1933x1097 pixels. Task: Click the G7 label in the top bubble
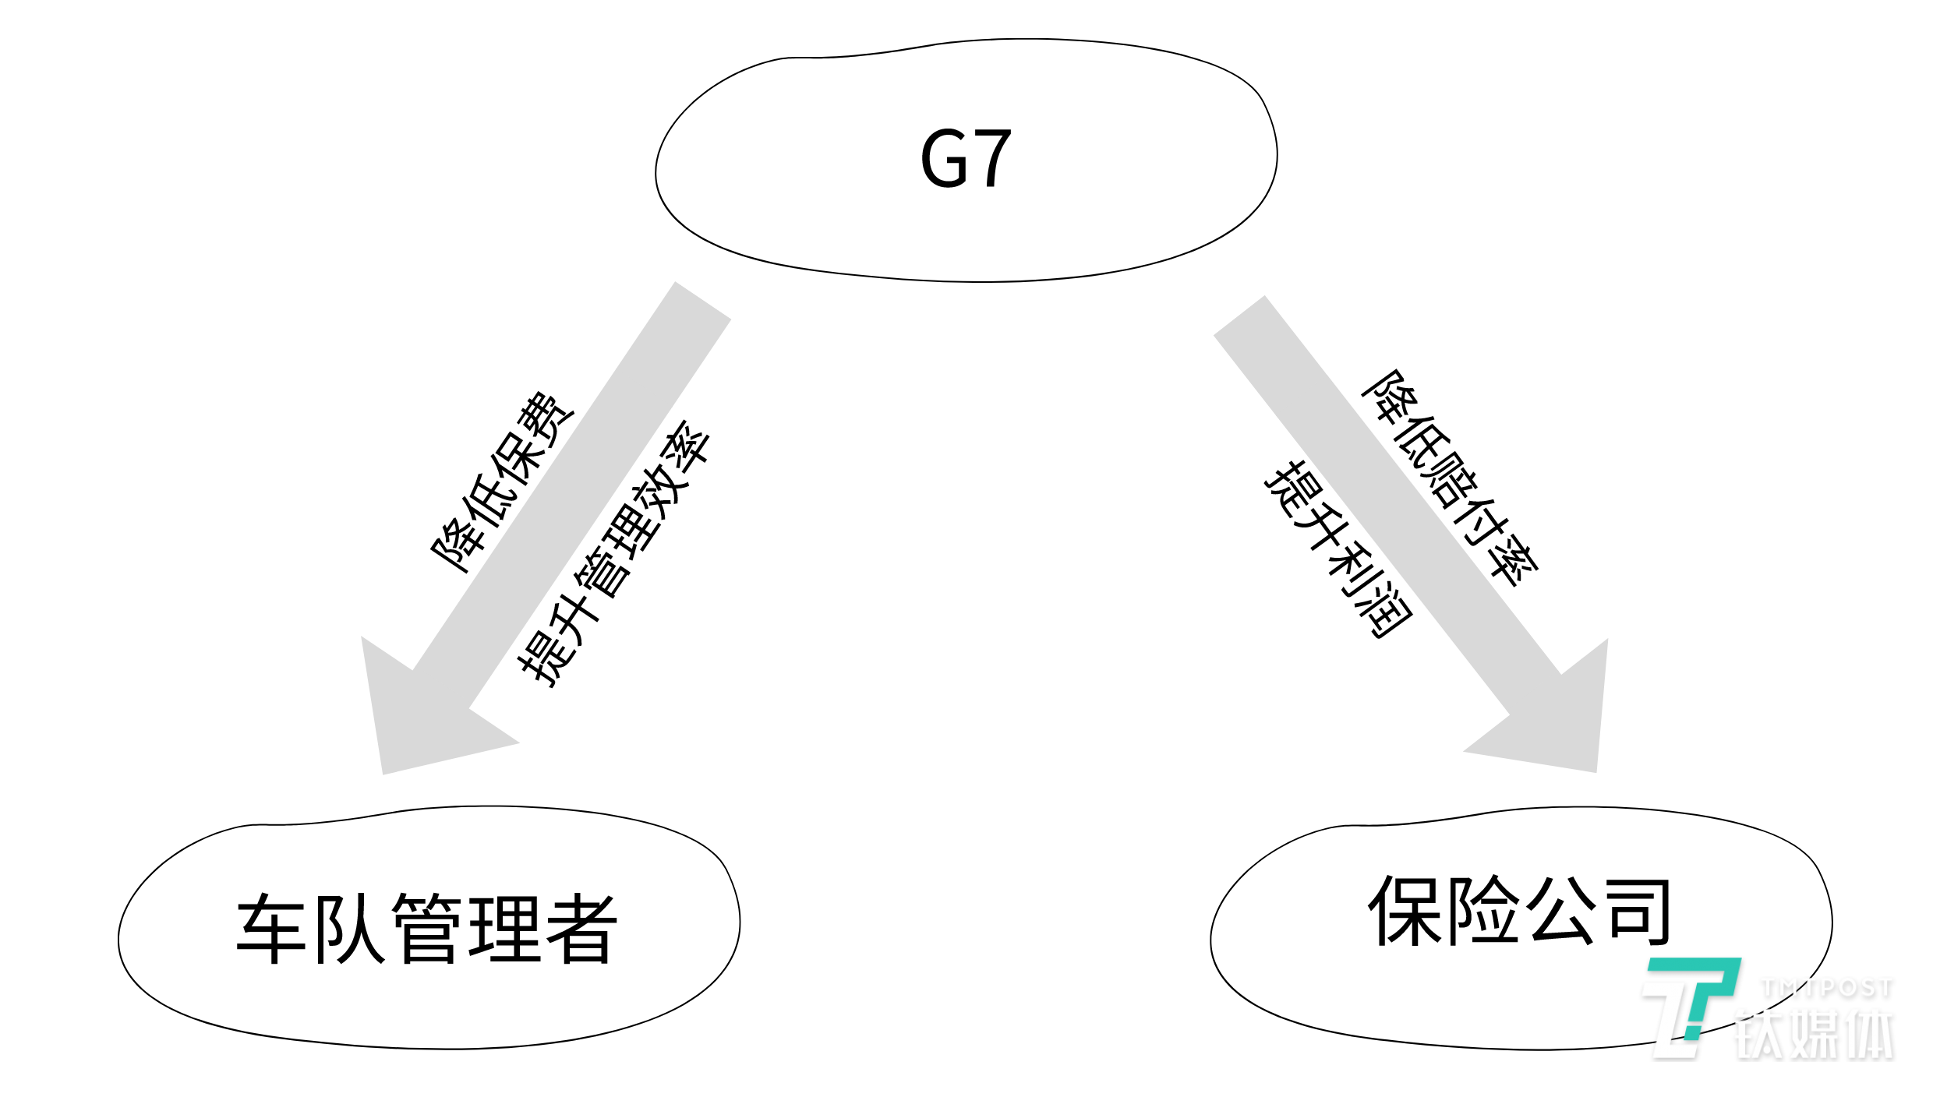coord(966,159)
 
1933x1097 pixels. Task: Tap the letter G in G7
coord(945,159)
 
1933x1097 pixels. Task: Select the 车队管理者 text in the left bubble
coord(427,929)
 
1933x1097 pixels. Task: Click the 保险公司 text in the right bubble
coord(1520,910)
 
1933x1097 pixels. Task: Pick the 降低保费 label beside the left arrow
coord(503,483)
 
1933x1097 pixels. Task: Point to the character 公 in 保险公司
coord(1560,910)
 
